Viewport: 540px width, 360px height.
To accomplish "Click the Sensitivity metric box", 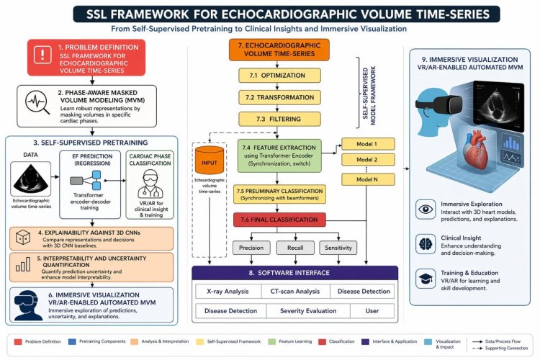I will pos(338,248).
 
